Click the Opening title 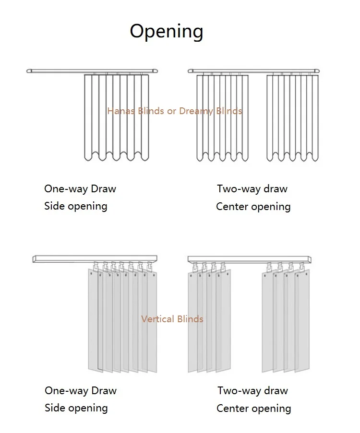coord(167,32)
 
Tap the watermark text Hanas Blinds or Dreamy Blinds coord(175,111)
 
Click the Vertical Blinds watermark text coord(172,319)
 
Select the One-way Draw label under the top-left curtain coord(80,188)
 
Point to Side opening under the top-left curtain coord(75,206)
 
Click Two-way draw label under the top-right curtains coord(252,188)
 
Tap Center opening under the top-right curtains coord(253,207)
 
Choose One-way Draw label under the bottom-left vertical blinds coord(81,390)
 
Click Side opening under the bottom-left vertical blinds coord(76,408)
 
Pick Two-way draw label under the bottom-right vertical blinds coord(252,390)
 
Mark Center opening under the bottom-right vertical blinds coord(253,409)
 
